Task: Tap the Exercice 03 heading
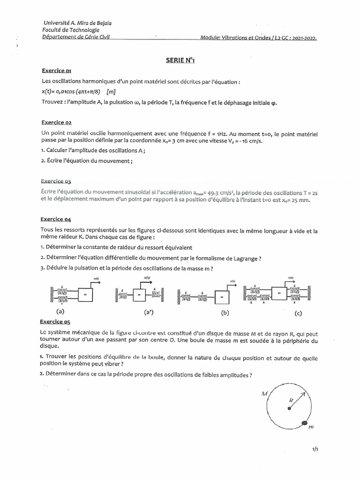[55, 181]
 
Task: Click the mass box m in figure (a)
[85, 294]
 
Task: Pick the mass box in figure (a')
[140, 294]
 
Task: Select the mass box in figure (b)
[223, 297]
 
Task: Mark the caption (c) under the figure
[299, 312]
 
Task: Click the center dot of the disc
[290, 409]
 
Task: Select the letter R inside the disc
[291, 400]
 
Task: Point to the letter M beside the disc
[263, 394]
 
